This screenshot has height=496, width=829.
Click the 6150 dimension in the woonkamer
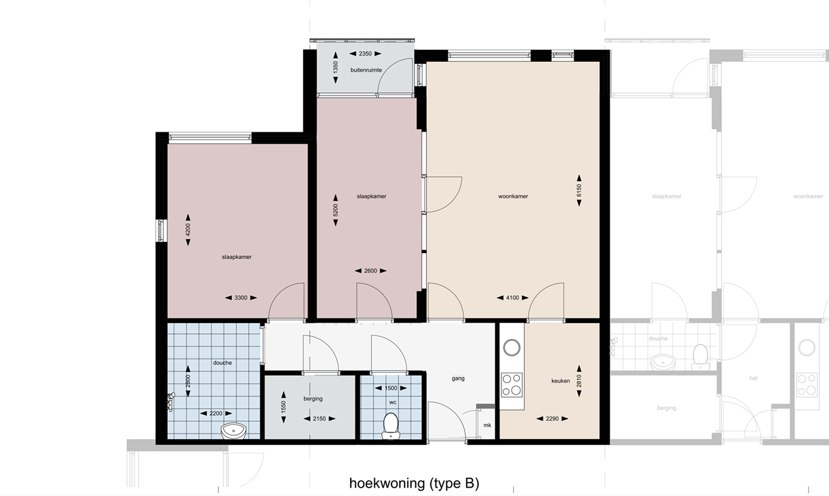580,191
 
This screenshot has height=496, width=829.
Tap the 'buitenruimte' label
366,70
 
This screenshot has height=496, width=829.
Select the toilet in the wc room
390,425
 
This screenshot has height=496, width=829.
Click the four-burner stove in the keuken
512,384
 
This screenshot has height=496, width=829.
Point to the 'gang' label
458,378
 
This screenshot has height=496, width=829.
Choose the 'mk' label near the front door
487,425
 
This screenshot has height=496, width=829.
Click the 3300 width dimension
240,298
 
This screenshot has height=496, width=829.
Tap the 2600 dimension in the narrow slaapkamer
370,271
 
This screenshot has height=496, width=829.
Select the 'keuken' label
560,381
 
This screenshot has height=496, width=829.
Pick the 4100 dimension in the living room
512,298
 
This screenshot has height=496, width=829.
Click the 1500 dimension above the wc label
392,388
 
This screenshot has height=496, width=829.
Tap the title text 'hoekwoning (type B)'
414,483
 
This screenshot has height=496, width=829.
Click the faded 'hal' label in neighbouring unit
753,379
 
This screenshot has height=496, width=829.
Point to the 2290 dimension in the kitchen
552,418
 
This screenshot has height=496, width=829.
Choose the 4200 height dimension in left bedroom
188,230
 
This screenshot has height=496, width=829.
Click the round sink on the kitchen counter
512,347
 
